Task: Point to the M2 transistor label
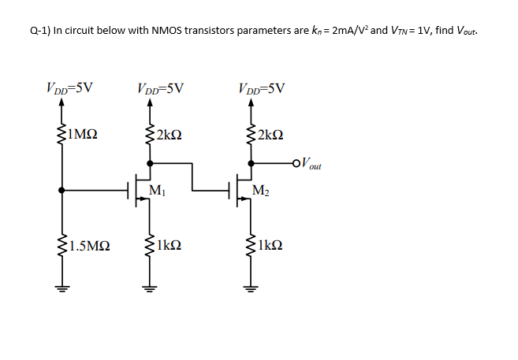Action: (x=261, y=190)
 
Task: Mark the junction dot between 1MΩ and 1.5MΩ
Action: (x=61, y=190)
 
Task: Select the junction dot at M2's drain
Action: (x=251, y=164)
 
